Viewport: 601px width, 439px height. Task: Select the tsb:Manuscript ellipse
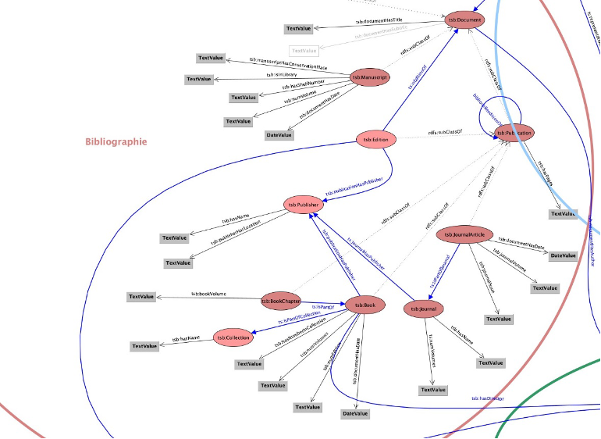click(369, 77)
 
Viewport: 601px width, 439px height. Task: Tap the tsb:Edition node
click(376, 140)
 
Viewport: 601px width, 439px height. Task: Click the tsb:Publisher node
click(304, 205)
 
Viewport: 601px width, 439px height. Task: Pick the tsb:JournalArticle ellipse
click(465, 234)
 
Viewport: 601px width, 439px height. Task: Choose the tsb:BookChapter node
click(281, 300)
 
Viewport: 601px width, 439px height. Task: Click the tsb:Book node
click(365, 305)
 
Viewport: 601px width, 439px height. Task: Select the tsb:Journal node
click(423, 309)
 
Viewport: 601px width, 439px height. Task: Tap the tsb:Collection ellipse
click(233, 337)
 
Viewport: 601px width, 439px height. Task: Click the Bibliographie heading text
click(116, 142)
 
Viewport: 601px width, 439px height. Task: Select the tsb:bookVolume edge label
click(208, 294)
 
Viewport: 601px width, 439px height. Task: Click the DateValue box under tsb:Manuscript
click(279, 135)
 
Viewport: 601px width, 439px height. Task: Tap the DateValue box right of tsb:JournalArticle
click(564, 255)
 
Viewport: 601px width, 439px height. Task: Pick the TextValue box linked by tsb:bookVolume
click(142, 297)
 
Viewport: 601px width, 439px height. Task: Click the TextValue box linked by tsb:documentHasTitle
click(299, 29)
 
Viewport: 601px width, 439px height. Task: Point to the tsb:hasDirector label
click(487, 398)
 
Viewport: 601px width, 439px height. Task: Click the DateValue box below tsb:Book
click(355, 413)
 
